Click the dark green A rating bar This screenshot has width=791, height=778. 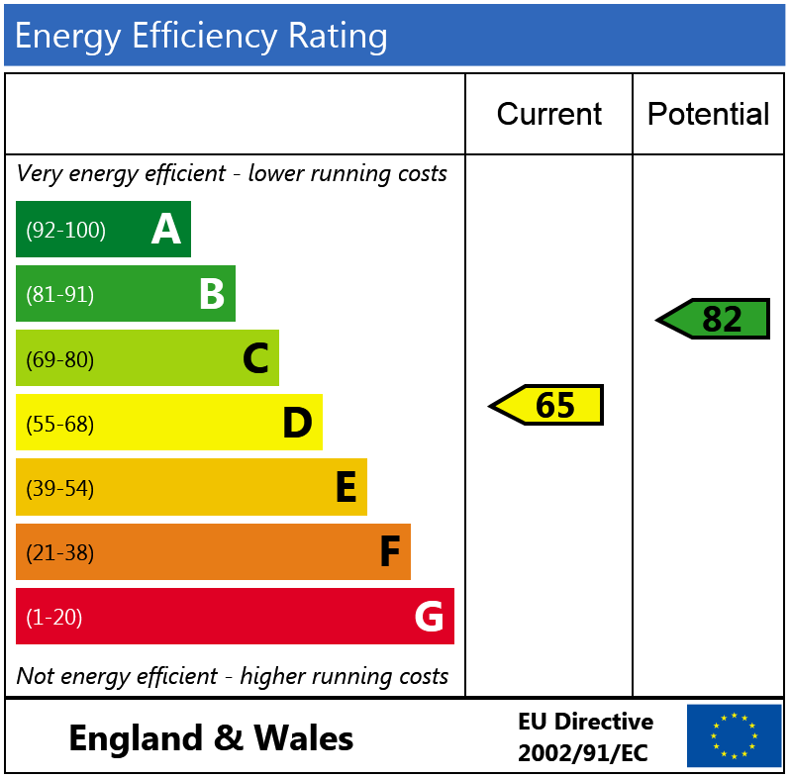103,230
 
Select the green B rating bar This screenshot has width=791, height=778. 125,294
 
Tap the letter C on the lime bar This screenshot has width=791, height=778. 255,358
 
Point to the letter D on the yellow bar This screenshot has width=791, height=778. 297,424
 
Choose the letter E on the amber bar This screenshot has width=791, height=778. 346,488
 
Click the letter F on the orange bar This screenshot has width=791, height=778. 390,552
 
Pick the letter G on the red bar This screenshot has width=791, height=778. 429,617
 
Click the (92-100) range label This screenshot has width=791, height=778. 65,231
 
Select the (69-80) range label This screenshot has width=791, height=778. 59,359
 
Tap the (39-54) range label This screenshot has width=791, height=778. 59,489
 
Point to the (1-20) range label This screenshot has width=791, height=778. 53,618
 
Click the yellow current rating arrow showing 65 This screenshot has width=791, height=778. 547,405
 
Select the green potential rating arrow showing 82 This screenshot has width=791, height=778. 714,319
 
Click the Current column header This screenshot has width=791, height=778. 548,114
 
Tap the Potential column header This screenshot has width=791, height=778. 708,114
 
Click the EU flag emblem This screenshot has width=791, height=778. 734,735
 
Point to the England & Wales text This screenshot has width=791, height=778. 211,737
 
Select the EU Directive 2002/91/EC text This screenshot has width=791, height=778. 585,737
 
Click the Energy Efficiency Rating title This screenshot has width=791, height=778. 201,37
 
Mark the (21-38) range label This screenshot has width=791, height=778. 59,553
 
